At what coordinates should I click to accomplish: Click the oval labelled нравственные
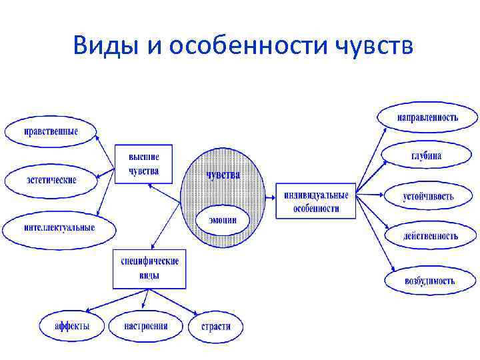point(51,131)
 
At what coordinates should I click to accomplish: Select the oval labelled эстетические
point(51,180)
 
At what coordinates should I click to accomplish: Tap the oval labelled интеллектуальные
point(59,228)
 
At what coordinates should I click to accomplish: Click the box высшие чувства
point(144,163)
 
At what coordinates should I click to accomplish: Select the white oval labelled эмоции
point(223,221)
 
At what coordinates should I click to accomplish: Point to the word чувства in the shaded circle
point(223,175)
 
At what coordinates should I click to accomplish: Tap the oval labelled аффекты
point(72,326)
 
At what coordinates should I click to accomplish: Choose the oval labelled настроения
point(146,326)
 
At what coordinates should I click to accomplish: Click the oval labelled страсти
point(215,327)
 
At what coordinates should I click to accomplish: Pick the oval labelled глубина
point(426,157)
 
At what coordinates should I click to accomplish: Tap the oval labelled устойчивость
point(428,197)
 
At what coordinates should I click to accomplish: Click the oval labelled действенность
point(430,236)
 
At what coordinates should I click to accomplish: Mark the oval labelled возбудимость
point(429,280)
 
